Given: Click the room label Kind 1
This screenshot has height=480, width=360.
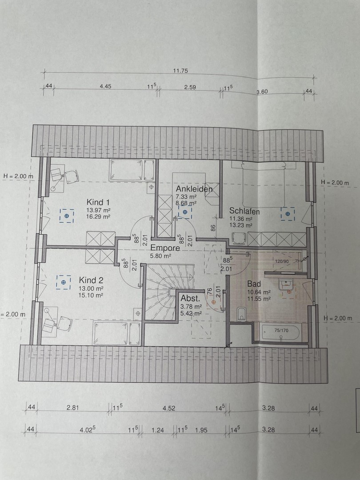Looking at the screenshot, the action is coord(98,202).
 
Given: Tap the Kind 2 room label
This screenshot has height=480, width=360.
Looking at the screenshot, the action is coord(91,280).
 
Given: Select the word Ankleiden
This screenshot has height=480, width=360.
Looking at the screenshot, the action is coord(194,189).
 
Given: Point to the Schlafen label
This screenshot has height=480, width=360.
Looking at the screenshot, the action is coord(244,211).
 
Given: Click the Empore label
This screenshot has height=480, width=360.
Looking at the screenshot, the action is coord(165,248).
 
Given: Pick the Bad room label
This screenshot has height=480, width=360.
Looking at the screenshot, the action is coord(254,284).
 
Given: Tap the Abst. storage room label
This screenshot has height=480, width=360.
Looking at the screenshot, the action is coord(190,298).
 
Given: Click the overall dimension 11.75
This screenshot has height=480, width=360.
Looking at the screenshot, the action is coord(180,71).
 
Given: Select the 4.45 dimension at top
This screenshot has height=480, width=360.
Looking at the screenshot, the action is coord(105,86).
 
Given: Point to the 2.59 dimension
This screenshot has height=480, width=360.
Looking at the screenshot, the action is coord(190,87).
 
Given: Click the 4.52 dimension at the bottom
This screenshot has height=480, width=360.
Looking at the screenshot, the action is coord(169,408).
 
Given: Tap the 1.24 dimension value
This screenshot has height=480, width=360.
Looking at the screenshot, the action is coord(158,430).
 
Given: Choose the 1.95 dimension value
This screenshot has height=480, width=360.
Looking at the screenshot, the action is coord(201,430).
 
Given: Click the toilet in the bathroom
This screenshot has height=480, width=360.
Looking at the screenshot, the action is coord(241,314).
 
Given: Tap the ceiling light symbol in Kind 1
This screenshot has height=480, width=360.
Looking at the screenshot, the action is coord(67,216).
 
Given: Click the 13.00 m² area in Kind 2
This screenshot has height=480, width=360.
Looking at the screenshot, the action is coord(91,289).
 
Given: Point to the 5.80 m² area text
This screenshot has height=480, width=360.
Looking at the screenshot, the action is coord(160,256).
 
